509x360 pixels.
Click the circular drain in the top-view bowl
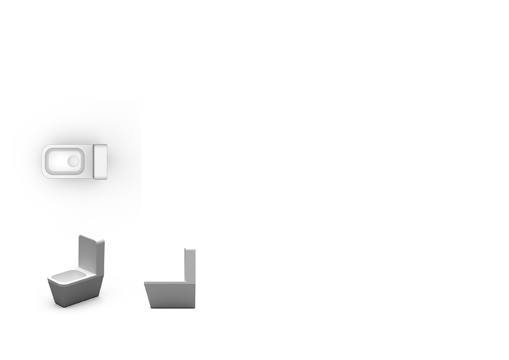pyautogui.click(x=73, y=161)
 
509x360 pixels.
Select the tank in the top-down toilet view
pyautogui.click(x=100, y=161)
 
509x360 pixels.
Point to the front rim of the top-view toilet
pyautogui.click(x=44, y=161)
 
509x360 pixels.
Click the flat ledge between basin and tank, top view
pyautogui.click(x=89, y=161)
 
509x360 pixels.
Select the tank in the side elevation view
pyautogui.click(x=190, y=265)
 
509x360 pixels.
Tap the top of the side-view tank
pyautogui.click(x=190, y=249)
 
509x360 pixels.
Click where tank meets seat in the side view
pyautogui.click(x=185, y=282)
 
